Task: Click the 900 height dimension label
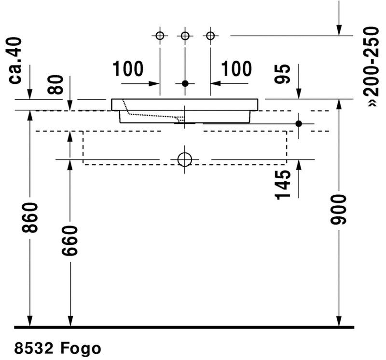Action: point(338,209)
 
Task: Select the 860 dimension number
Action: point(30,218)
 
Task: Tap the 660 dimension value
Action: point(70,240)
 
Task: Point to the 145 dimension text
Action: point(283,185)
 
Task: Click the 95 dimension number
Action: point(282,74)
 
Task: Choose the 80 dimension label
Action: point(55,85)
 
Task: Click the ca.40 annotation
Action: point(15,60)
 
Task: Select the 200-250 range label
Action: point(371,62)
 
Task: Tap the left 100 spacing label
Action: point(128,68)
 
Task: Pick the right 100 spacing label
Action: point(236,68)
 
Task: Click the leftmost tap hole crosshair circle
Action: point(160,36)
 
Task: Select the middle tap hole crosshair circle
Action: point(185,36)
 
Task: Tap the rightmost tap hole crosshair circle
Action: point(210,36)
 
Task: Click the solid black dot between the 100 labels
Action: point(185,83)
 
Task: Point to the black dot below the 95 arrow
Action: point(299,124)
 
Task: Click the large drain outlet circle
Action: point(185,160)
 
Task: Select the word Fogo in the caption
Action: point(81,349)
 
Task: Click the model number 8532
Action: point(34,348)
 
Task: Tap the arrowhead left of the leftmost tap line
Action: point(154,83)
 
